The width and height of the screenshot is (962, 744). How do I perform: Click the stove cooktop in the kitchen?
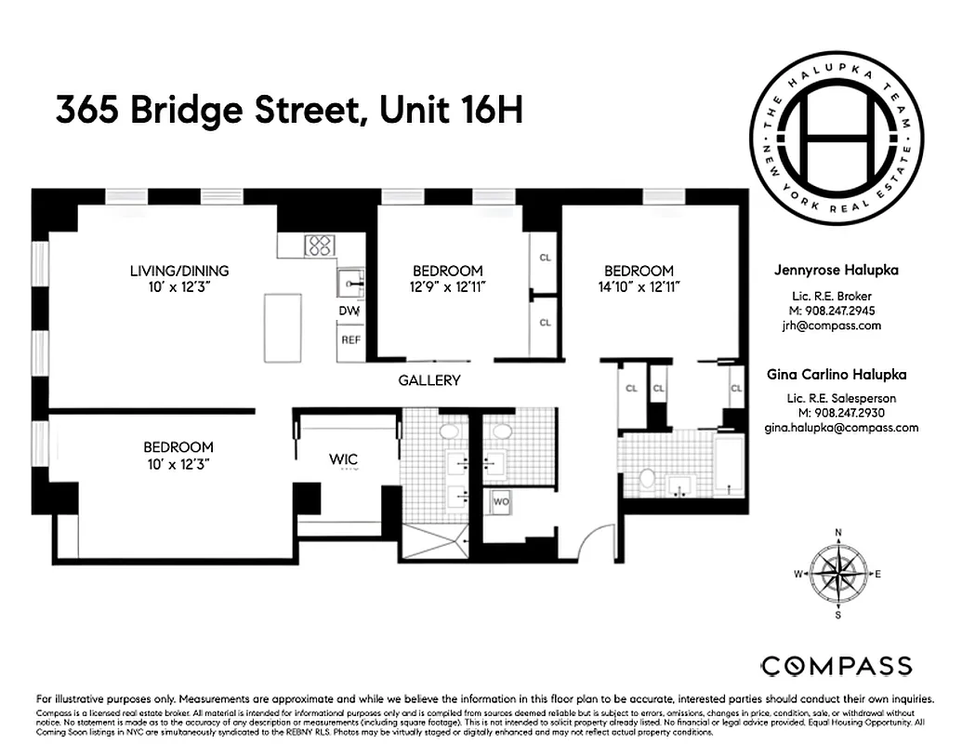pos(321,246)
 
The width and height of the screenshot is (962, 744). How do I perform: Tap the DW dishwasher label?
pos(349,311)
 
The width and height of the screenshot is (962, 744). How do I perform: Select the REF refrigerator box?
pos(350,340)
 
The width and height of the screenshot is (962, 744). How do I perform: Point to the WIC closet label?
pos(344,459)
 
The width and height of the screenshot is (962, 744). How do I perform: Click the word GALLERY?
pos(429,380)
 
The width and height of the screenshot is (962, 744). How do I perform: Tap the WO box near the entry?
pos(501,501)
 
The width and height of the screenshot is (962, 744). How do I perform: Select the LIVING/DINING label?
pos(178,271)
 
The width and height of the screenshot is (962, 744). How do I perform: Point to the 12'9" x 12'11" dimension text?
pos(448,286)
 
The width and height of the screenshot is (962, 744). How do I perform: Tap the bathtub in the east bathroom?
pos(729,466)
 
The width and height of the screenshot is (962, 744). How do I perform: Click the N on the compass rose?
pos(838,533)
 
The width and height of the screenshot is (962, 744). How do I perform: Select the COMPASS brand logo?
pos(837,666)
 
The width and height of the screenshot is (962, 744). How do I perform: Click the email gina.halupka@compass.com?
pos(841,428)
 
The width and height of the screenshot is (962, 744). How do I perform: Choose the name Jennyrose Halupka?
pos(836,271)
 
